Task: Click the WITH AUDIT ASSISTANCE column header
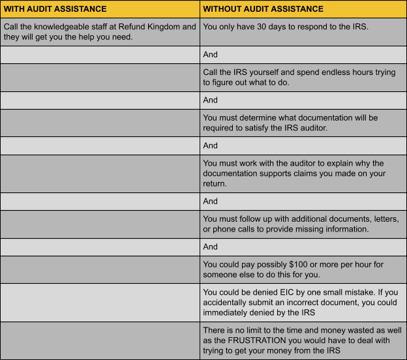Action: pyautogui.click(x=55, y=9)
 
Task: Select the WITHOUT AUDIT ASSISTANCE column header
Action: pyautogui.click(x=263, y=9)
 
